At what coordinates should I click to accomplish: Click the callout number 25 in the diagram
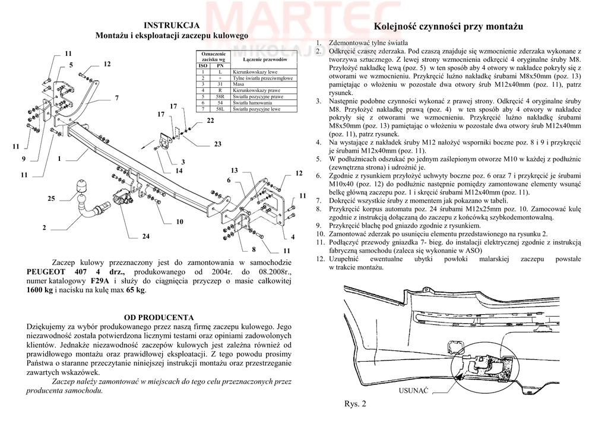pos(51,198)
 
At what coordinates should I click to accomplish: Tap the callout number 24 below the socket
pos(145,236)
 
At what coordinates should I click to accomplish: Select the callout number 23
pos(217,144)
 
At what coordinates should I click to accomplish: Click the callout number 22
pos(210,121)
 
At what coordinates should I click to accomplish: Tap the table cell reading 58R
pos(220,96)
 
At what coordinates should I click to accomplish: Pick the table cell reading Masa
pos(239,84)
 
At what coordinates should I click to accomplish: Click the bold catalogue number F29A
pos(99,281)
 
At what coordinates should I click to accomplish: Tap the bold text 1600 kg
pos(40,290)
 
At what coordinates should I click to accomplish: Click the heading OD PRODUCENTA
pos(159,317)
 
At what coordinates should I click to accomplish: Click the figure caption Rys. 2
pos(355,404)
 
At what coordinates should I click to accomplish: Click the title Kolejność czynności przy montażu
pos(448,27)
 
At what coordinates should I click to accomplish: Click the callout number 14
pos(179,171)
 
